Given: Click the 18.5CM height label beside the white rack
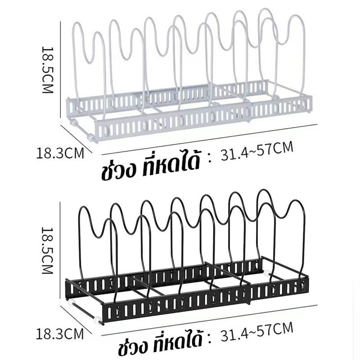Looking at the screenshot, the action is tap(48, 70).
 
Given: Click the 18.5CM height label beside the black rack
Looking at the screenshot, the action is tap(48, 251).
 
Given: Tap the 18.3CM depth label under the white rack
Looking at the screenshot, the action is tap(60, 153).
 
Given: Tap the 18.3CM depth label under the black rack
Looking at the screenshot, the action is tap(60, 334).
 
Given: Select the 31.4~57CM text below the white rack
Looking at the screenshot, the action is tap(257, 151).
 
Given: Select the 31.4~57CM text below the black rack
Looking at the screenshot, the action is tap(257, 332).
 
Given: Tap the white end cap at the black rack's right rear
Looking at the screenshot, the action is tap(267, 274).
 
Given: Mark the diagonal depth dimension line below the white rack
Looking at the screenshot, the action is tap(76, 139).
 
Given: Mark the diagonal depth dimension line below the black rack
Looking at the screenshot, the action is tap(76, 319).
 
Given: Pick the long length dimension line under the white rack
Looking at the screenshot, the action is tap(209, 139).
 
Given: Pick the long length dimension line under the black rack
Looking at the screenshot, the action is tap(209, 320).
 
